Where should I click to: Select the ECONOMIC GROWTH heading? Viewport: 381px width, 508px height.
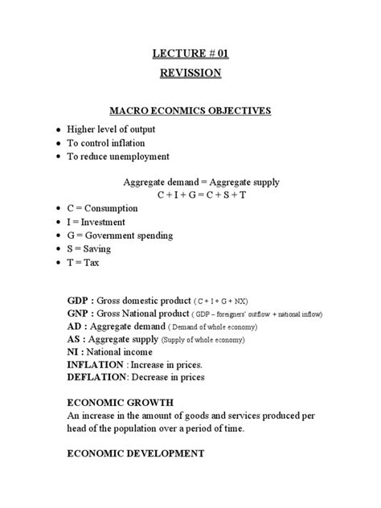[x=117, y=402]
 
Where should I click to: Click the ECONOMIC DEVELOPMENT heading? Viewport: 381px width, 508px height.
[x=136, y=453]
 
